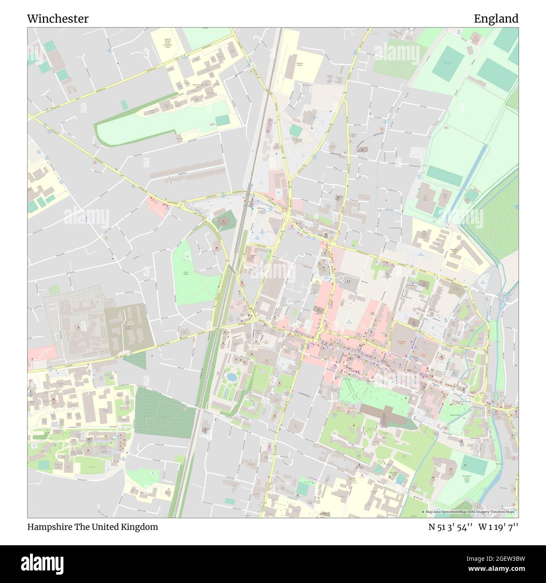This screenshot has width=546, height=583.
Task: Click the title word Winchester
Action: (58, 19)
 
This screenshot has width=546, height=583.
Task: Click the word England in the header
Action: (496, 19)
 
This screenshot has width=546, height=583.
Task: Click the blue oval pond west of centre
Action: (231, 377)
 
